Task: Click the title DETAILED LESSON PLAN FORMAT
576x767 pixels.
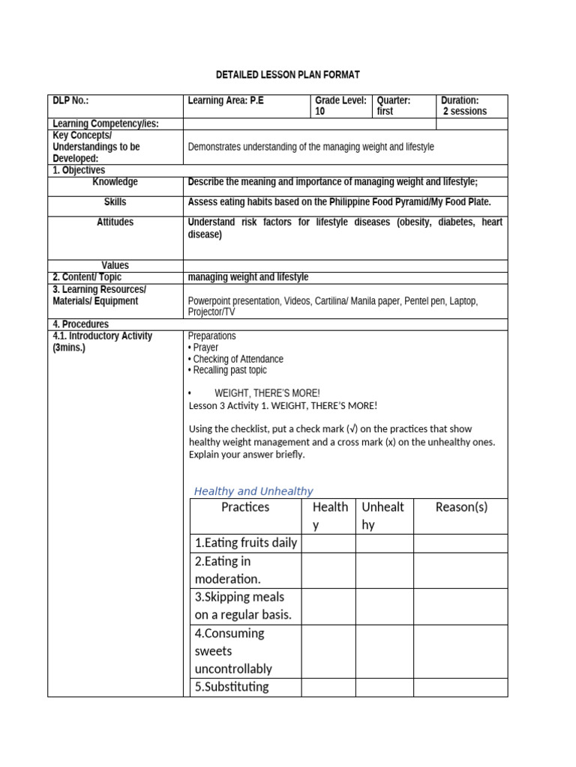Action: click(x=288, y=75)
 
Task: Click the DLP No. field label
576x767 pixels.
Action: click(x=70, y=100)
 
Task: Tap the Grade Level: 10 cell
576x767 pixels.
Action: click(x=341, y=106)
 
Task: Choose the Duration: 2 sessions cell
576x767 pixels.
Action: click(x=464, y=106)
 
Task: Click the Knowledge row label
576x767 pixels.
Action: click(x=115, y=182)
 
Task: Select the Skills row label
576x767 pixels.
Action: click(x=115, y=202)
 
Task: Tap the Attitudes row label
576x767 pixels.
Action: click(x=115, y=222)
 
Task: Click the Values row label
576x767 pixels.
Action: click(x=115, y=265)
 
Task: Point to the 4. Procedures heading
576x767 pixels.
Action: click(x=80, y=324)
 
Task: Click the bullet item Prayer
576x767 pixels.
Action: click(x=205, y=348)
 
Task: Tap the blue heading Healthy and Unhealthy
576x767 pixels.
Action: click(x=253, y=491)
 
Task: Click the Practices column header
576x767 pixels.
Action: click(x=245, y=507)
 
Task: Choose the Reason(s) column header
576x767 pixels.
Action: click(x=460, y=507)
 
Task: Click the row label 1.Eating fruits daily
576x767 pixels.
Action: click(x=245, y=543)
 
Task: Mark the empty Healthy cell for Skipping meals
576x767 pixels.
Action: click(x=328, y=606)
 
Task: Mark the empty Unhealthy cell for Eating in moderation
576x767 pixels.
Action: click(x=384, y=570)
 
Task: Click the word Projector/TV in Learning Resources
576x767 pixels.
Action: click(x=211, y=312)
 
